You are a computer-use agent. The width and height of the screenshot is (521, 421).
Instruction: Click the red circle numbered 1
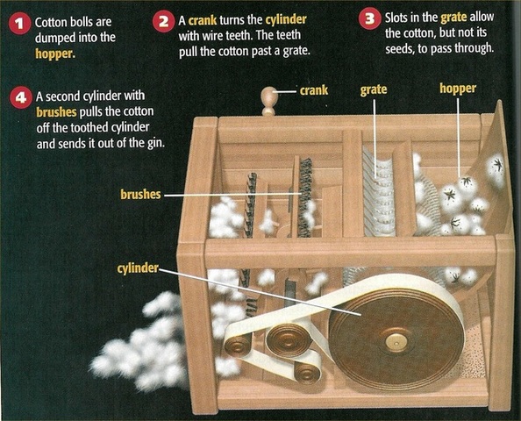[x=20, y=23]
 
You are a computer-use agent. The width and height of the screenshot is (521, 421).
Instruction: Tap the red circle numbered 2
[x=164, y=21]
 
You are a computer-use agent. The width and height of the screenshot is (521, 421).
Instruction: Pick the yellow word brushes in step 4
[x=57, y=112]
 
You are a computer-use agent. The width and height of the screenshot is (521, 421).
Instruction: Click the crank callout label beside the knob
[x=313, y=89]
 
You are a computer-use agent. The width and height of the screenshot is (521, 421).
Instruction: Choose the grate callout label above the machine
[x=374, y=89]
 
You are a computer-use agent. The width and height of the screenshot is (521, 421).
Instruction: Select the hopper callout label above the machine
[x=458, y=89]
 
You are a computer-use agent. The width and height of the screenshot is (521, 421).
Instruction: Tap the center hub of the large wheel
[x=396, y=341]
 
